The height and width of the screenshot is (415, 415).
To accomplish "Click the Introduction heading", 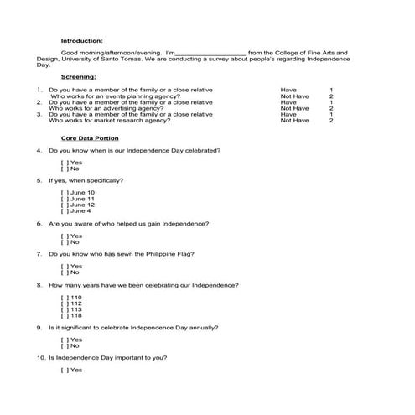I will pos(82,40).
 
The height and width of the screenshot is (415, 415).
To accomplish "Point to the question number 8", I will pos(39,286).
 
